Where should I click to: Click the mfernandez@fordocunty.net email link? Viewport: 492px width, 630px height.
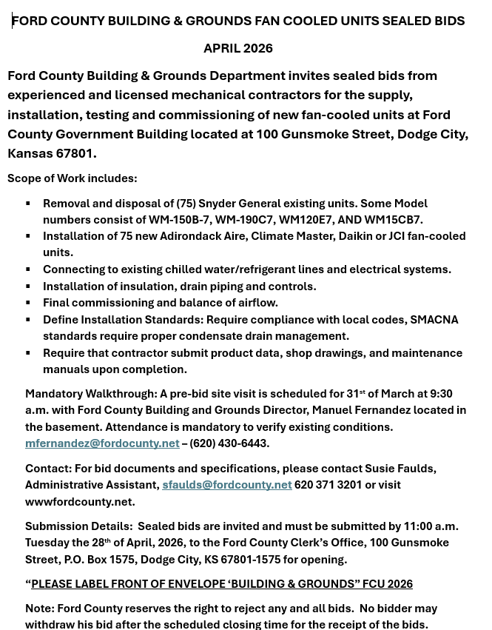tap(102, 443)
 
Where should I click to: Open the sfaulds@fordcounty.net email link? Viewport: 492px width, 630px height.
tap(226, 485)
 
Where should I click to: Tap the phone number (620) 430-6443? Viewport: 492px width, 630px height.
tap(229, 443)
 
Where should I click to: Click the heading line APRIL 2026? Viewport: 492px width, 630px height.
tap(238, 48)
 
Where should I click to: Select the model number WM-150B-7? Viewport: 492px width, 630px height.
tap(179, 220)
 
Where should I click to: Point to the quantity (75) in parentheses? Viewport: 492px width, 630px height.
tap(186, 204)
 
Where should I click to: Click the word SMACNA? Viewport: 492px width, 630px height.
tap(434, 320)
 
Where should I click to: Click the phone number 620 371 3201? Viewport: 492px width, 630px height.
tap(328, 485)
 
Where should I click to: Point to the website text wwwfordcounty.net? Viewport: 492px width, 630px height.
tap(78, 502)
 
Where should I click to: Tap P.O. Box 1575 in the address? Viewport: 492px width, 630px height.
tap(100, 560)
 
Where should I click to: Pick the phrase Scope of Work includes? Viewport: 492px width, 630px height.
tap(72, 178)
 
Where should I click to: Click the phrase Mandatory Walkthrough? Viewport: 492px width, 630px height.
tap(91, 394)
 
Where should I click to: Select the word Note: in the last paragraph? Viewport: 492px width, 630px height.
tap(39, 609)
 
